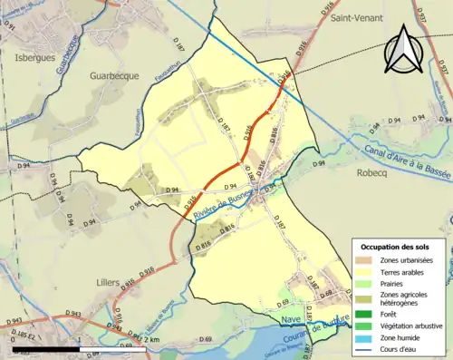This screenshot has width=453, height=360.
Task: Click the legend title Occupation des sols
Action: (x=395, y=248)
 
